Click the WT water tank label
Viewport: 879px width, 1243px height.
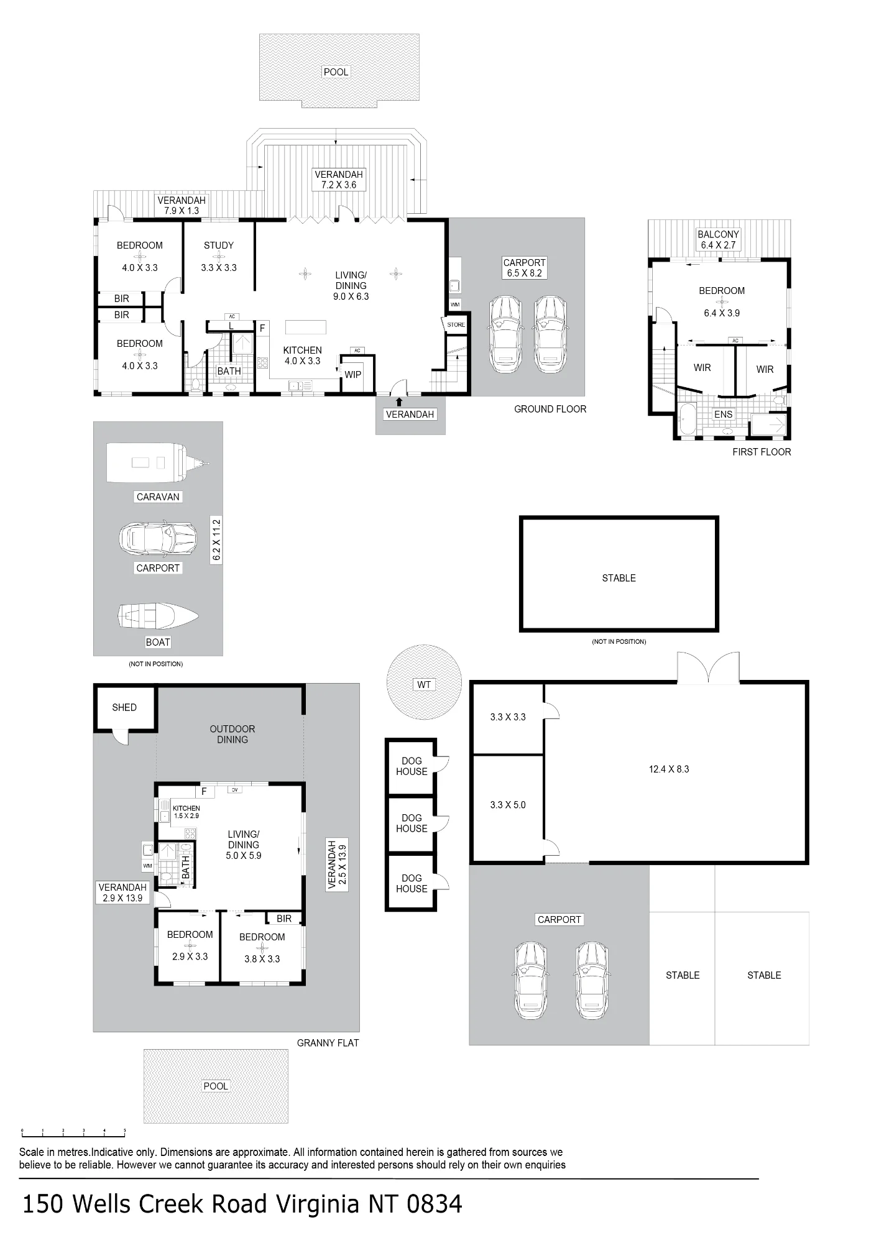coord(424,684)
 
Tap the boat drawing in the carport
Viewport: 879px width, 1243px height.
coord(158,616)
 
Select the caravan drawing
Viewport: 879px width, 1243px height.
coord(158,462)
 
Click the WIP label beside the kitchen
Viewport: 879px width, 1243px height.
coord(353,374)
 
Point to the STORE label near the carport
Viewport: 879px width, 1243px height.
coord(456,324)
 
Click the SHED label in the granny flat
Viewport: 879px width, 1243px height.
coord(124,707)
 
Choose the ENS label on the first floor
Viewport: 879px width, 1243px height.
coord(724,414)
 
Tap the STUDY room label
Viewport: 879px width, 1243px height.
coord(219,245)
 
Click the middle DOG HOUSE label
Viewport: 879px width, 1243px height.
coord(412,823)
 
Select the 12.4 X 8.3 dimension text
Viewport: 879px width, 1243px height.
coord(669,769)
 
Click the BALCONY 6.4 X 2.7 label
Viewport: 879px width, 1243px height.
coord(718,239)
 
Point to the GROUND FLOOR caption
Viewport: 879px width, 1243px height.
coord(550,409)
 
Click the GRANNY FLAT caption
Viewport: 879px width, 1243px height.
coord(328,1043)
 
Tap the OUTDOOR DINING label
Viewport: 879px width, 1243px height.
coord(232,734)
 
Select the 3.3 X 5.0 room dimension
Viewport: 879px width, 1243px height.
coord(508,805)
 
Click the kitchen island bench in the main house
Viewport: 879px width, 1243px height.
coord(306,327)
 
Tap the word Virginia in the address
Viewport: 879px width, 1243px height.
coord(318,1204)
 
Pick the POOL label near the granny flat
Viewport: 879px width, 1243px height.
coord(216,1086)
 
